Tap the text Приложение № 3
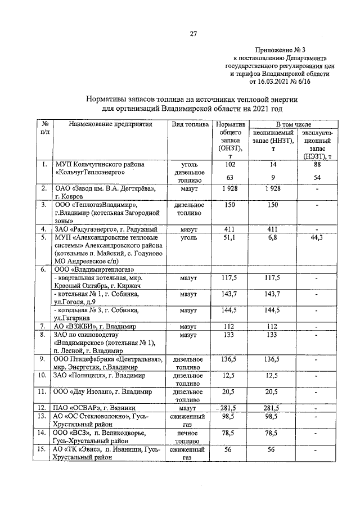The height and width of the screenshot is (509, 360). pyautogui.click(x=287, y=50)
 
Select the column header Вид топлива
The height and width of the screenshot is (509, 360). pyautogui.click(x=191, y=124)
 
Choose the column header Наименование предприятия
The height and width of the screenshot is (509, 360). pyautogui.click(x=111, y=124)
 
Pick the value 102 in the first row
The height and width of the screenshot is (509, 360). pyautogui.click(x=229, y=164)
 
